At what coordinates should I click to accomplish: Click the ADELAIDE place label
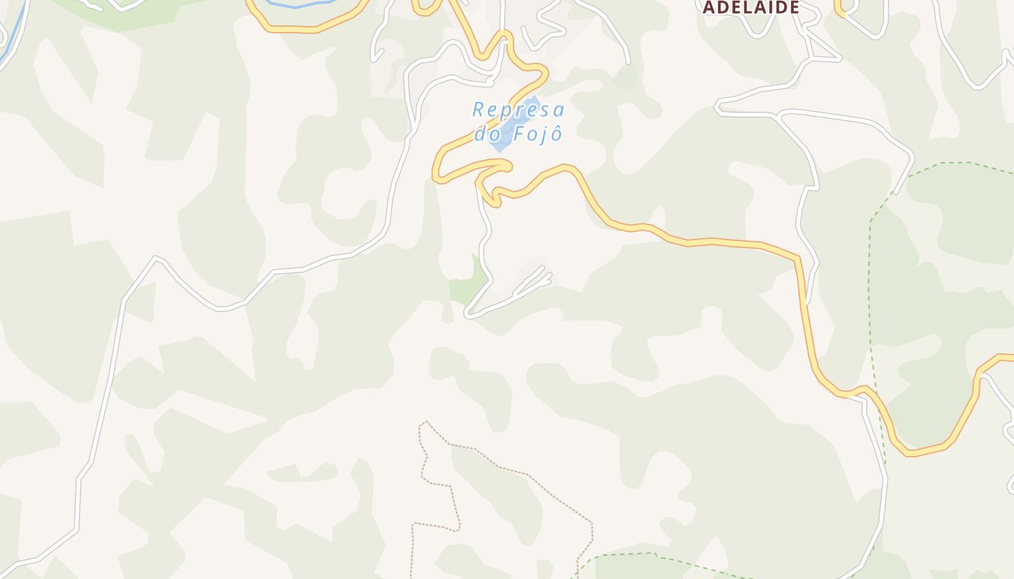751,7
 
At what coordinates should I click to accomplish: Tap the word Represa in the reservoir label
518,110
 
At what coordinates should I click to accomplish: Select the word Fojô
537,135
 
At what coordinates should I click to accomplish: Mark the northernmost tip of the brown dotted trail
427,421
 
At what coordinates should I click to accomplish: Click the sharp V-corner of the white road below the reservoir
468,316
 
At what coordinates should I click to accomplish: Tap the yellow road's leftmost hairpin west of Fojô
437,174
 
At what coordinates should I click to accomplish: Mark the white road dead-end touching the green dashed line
896,193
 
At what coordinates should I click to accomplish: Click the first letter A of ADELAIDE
709,7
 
